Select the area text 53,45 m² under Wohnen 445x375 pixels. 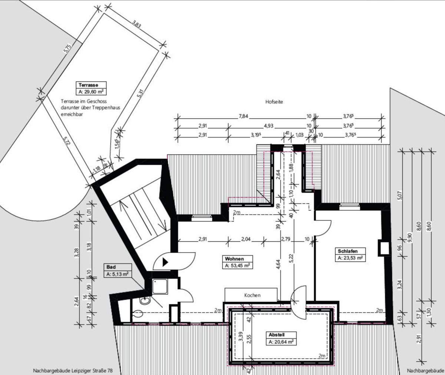(x=238, y=266)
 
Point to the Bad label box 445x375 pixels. (x=111, y=267)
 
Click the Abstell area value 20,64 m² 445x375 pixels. (x=281, y=342)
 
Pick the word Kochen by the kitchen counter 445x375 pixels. (x=252, y=295)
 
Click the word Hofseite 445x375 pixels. (x=274, y=102)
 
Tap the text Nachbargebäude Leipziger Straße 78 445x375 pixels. (x=73, y=371)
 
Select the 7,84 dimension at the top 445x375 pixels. (x=243, y=116)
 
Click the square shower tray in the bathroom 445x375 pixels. (x=161, y=287)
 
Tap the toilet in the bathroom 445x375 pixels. (x=138, y=314)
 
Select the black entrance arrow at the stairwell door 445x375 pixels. (x=165, y=262)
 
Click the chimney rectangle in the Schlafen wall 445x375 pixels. (x=383, y=248)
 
